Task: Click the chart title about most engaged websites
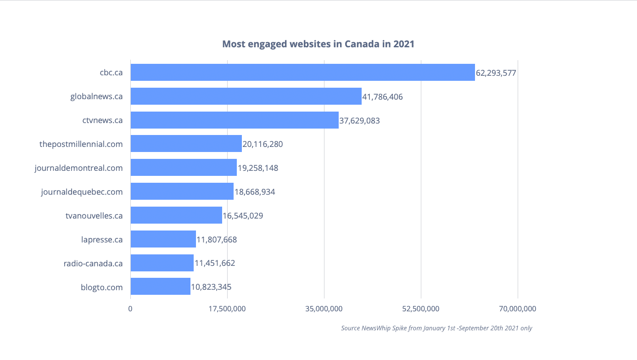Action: coord(318,44)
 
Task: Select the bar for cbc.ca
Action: coord(302,73)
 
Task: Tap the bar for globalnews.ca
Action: coord(246,96)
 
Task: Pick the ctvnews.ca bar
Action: coord(235,120)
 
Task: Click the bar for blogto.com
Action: coord(160,287)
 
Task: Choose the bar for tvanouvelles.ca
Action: coord(176,215)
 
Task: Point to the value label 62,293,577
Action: coord(497,73)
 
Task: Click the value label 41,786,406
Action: coord(382,97)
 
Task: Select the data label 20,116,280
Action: coord(263,144)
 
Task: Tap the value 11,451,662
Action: coord(215,263)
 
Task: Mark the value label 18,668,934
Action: coord(255,192)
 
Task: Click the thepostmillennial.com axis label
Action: coord(81,144)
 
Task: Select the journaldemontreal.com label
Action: coord(78,168)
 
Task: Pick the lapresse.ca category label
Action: coord(101,239)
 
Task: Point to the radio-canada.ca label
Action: coord(93,263)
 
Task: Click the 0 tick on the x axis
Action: coord(130,309)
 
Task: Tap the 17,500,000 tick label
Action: coord(227,309)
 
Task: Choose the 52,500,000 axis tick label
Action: coord(421,309)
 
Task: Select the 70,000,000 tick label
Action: coord(518,309)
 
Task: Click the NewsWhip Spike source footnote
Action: coord(436,328)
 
